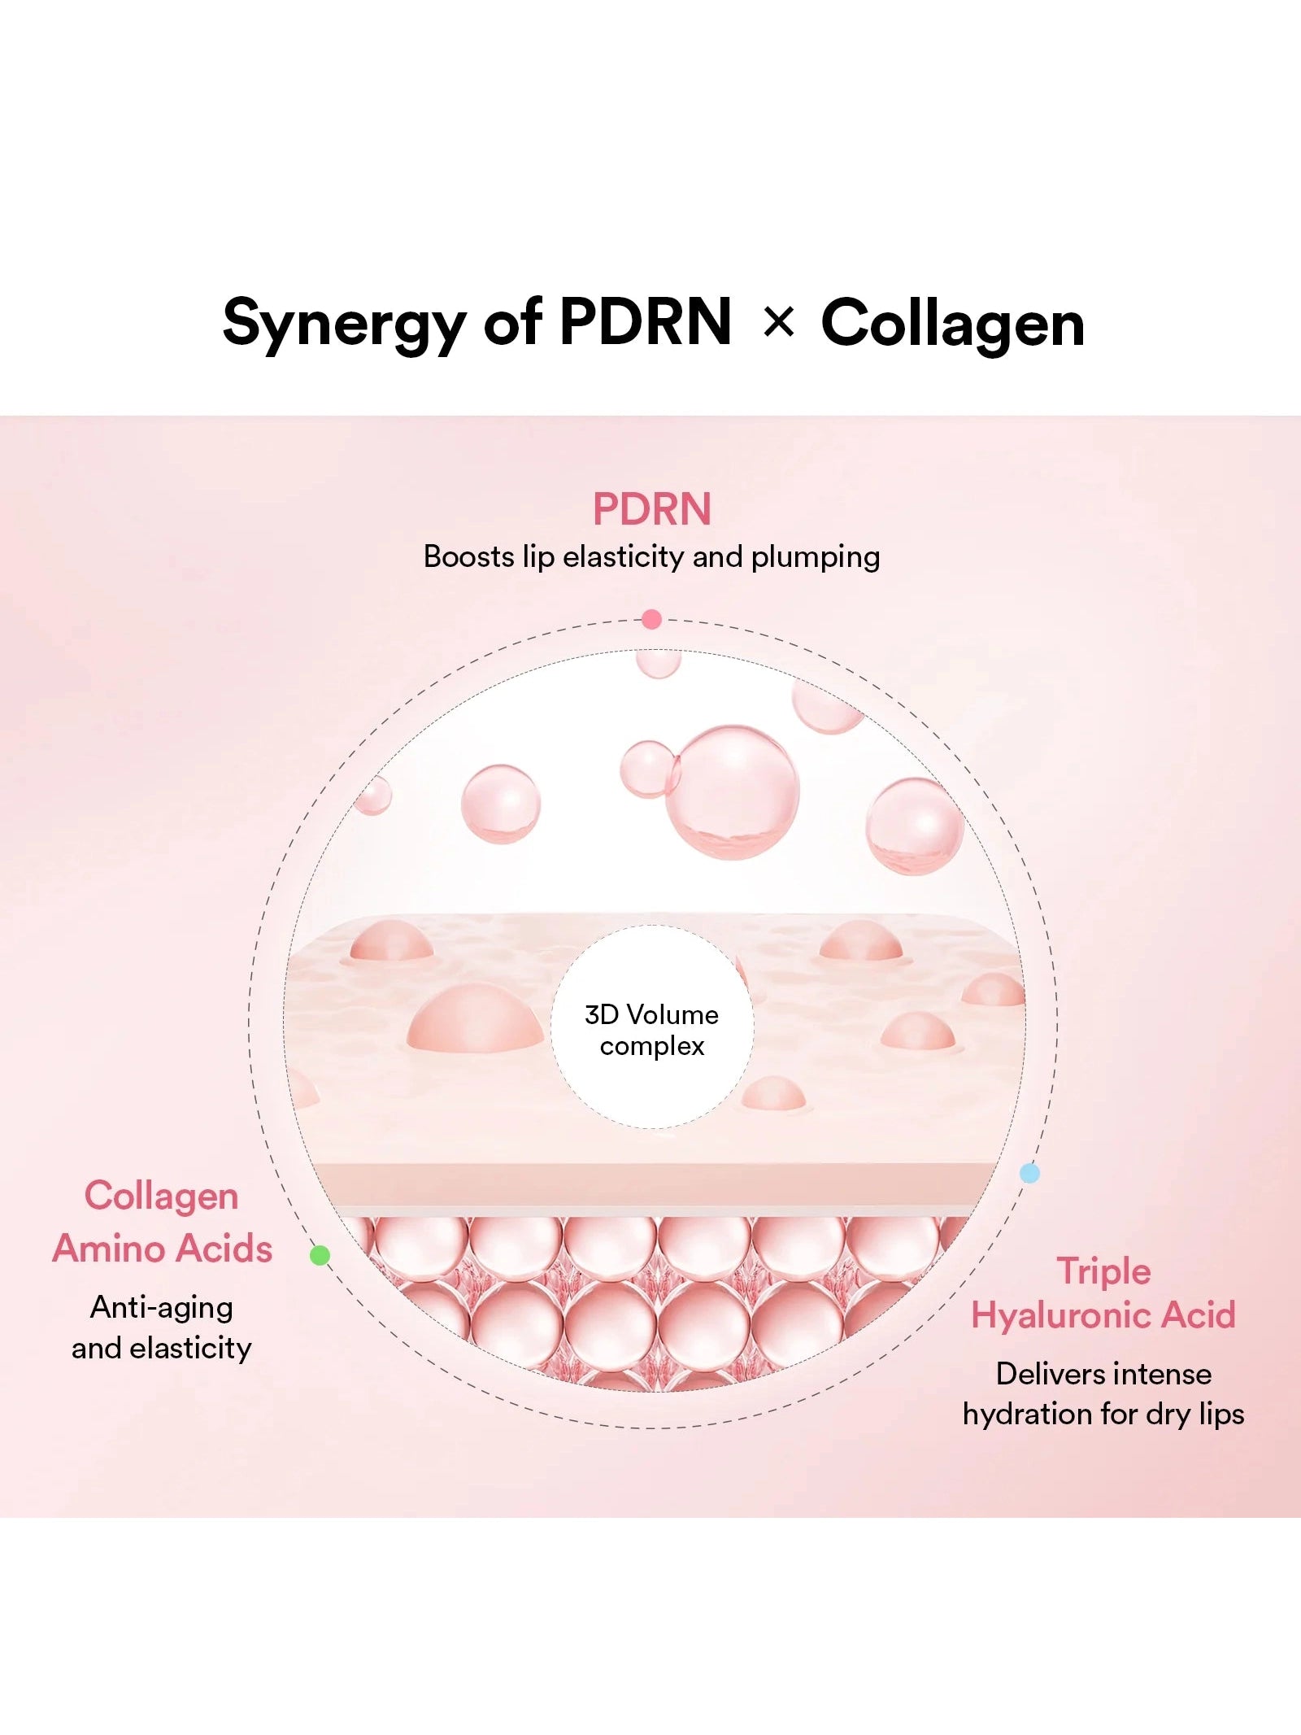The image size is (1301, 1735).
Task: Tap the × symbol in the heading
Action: coord(778,323)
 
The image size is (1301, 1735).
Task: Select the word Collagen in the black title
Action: coord(952,324)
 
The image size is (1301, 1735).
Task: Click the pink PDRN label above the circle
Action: coord(651,509)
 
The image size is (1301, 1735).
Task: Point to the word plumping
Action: coord(815,557)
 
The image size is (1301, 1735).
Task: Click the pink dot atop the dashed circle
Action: coord(651,620)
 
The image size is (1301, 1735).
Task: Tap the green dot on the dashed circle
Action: coord(320,1255)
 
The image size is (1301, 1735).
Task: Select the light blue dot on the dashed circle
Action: coord(1029,1173)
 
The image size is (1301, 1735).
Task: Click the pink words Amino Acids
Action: coord(163,1249)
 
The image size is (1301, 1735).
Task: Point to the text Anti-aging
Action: coord(162,1307)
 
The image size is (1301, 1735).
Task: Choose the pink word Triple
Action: coord(1103,1271)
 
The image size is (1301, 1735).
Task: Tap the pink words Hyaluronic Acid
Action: coord(1103,1315)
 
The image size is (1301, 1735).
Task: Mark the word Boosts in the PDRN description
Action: coord(469,557)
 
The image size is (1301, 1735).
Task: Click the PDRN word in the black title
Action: coord(646,322)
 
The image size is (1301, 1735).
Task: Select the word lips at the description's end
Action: coord(1221,1415)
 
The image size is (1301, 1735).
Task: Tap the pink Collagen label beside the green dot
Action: coord(162,1197)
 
